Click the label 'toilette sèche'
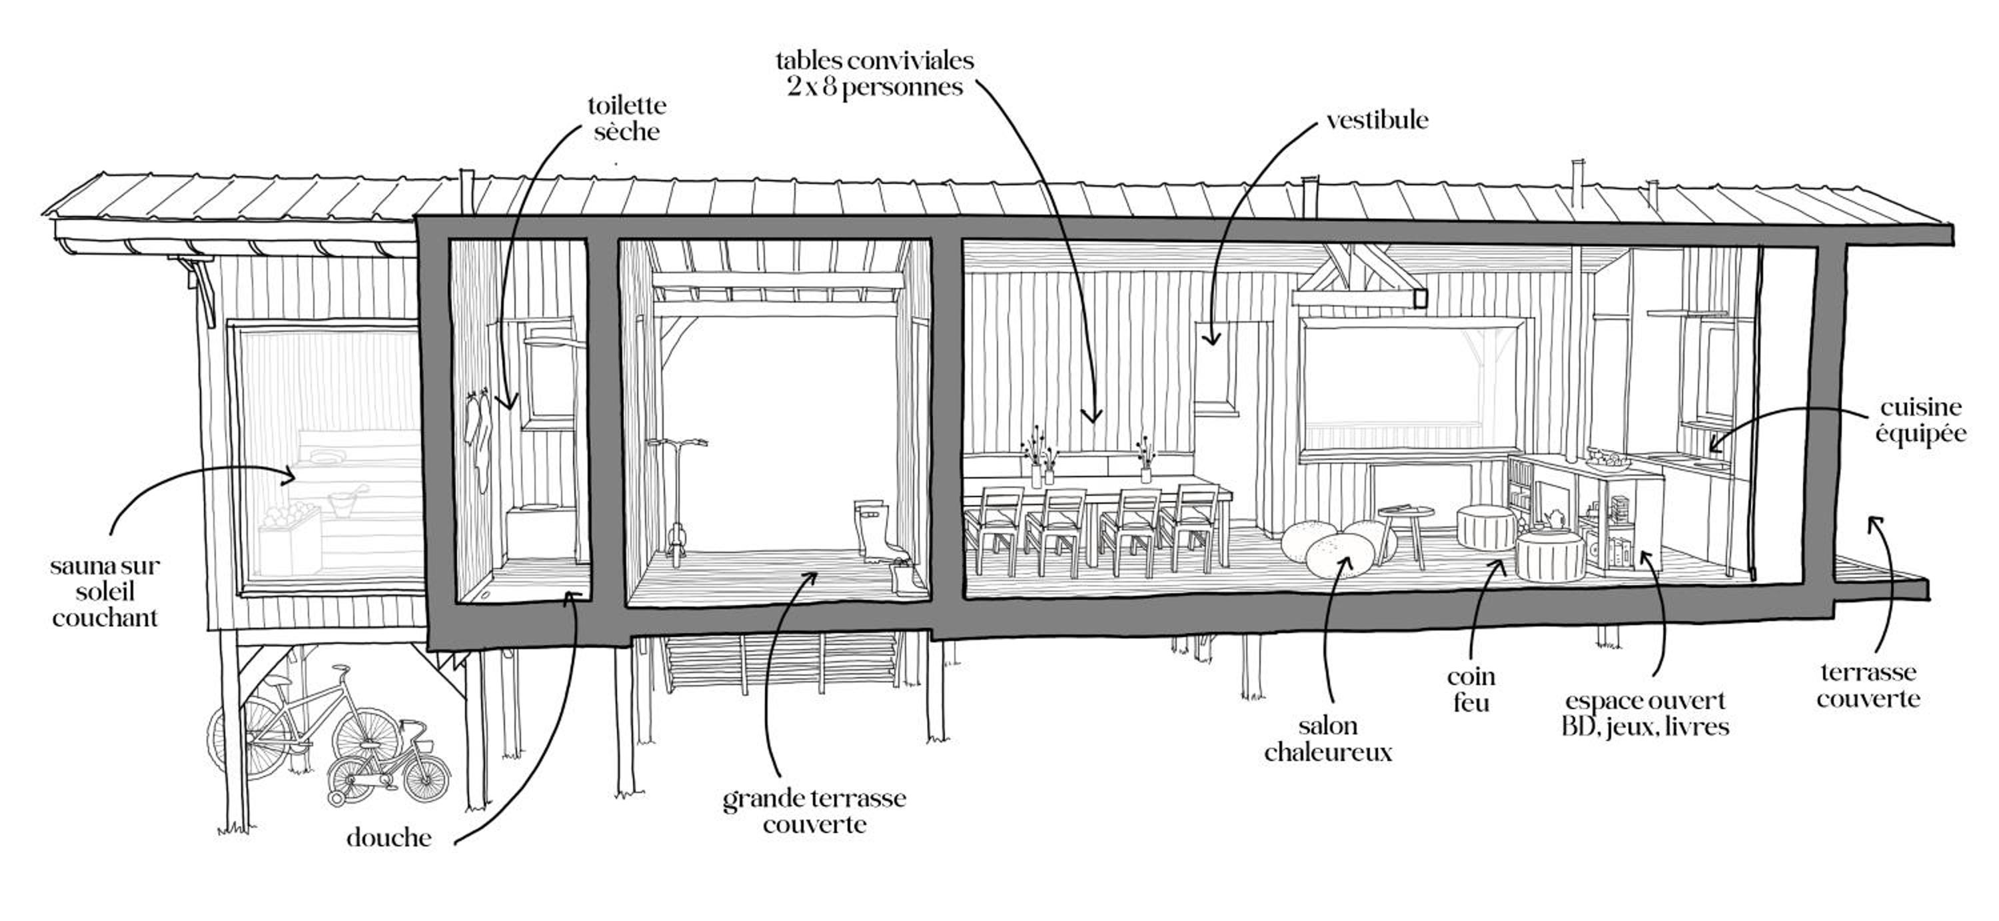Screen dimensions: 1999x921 [626, 118]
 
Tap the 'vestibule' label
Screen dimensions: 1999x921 [1377, 120]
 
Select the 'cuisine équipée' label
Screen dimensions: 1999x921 [1920, 421]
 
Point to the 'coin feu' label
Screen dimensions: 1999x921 [1471, 690]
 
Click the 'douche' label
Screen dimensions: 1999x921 [388, 838]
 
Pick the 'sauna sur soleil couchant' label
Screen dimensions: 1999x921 [105, 592]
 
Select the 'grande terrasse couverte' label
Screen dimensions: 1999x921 [814, 811]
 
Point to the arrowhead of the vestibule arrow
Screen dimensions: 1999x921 [1211, 339]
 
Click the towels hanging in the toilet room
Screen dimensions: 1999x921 [479, 439]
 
